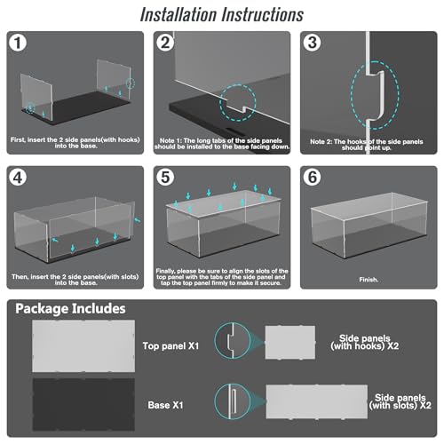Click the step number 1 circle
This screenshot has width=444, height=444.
click(18, 43)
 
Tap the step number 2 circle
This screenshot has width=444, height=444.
click(165, 43)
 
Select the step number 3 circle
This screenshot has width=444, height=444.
click(312, 43)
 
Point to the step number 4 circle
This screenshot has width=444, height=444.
click(18, 178)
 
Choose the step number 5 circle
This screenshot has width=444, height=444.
click(165, 178)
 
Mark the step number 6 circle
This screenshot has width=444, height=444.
click(312, 178)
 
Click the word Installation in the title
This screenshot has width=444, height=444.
click(178, 14)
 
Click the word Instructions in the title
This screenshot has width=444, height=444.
click(263, 14)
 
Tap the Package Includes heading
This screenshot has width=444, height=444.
click(70, 309)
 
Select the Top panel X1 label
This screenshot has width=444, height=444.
click(170, 345)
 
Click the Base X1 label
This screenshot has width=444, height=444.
click(165, 405)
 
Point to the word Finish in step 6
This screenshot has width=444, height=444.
click(369, 280)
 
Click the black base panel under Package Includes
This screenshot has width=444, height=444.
click(83, 404)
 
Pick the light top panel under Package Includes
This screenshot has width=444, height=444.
click(83, 345)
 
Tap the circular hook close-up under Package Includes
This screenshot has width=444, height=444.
click(233, 341)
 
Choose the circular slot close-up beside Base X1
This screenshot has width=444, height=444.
click(233, 401)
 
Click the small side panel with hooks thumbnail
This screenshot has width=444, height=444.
click(290, 343)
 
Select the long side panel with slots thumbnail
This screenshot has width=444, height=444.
click(317, 401)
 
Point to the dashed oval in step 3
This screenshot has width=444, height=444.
click(352, 95)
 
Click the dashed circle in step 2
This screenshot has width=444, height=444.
click(219, 102)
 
